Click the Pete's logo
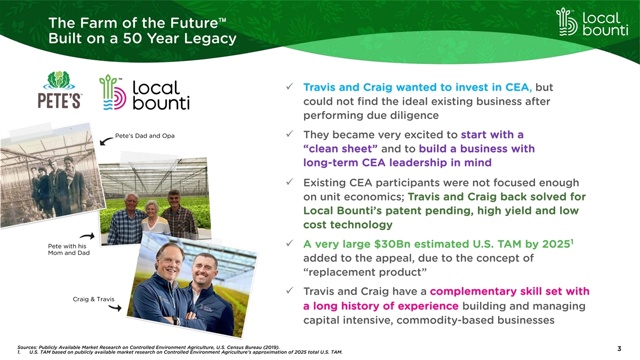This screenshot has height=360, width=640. pyautogui.click(x=59, y=90)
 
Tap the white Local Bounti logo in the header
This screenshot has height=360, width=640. pyautogui.click(x=592, y=22)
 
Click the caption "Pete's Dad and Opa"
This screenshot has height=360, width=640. pyautogui.click(x=145, y=135)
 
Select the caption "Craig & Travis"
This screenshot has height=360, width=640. pyautogui.click(x=93, y=299)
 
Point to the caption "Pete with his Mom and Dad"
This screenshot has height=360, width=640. pyautogui.click(x=69, y=250)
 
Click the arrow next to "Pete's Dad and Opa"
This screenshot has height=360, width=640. pyautogui.click(x=106, y=141)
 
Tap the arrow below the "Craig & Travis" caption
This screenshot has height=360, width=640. pyautogui.click(x=115, y=307)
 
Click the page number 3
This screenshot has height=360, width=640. pyautogui.click(x=619, y=349)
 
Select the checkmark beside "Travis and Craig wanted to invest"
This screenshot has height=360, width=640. pyautogui.click(x=290, y=86)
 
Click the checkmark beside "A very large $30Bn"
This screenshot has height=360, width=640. pyautogui.click(x=290, y=243)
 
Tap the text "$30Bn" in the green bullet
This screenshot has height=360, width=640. pyautogui.click(x=392, y=244)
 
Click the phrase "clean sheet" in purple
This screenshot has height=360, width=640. pyautogui.click(x=340, y=149)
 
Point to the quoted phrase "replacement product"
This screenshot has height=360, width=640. pyautogui.click(x=365, y=273)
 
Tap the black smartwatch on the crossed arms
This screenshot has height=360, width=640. pyautogui.click(x=175, y=320)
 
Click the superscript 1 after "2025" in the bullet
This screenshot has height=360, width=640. pyautogui.click(x=572, y=242)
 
